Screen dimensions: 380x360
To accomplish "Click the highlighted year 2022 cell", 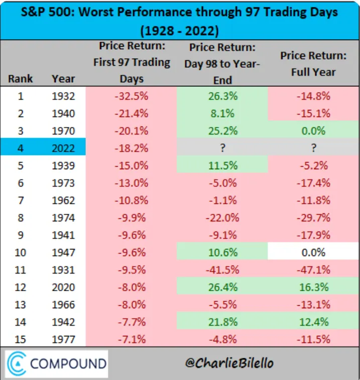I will pyautogui.click(x=63, y=149).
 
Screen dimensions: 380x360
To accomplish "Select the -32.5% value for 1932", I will pyautogui.click(x=132, y=96).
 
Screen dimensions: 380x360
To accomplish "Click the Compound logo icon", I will pyautogui.click(x=17, y=363).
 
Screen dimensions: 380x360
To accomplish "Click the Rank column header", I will pyautogui.click(x=21, y=79).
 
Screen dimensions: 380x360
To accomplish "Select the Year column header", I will pyautogui.click(x=63, y=79).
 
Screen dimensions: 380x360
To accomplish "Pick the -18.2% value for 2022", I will pyautogui.click(x=132, y=149).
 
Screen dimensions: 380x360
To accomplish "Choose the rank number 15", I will pyautogui.click(x=21, y=339).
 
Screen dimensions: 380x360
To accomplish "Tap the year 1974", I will pyautogui.click(x=63, y=218).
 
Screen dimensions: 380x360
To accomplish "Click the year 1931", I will pyautogui.click(x=63, y=270).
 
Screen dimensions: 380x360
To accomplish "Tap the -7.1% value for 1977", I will pyautogui.click(x=132, y=339).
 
